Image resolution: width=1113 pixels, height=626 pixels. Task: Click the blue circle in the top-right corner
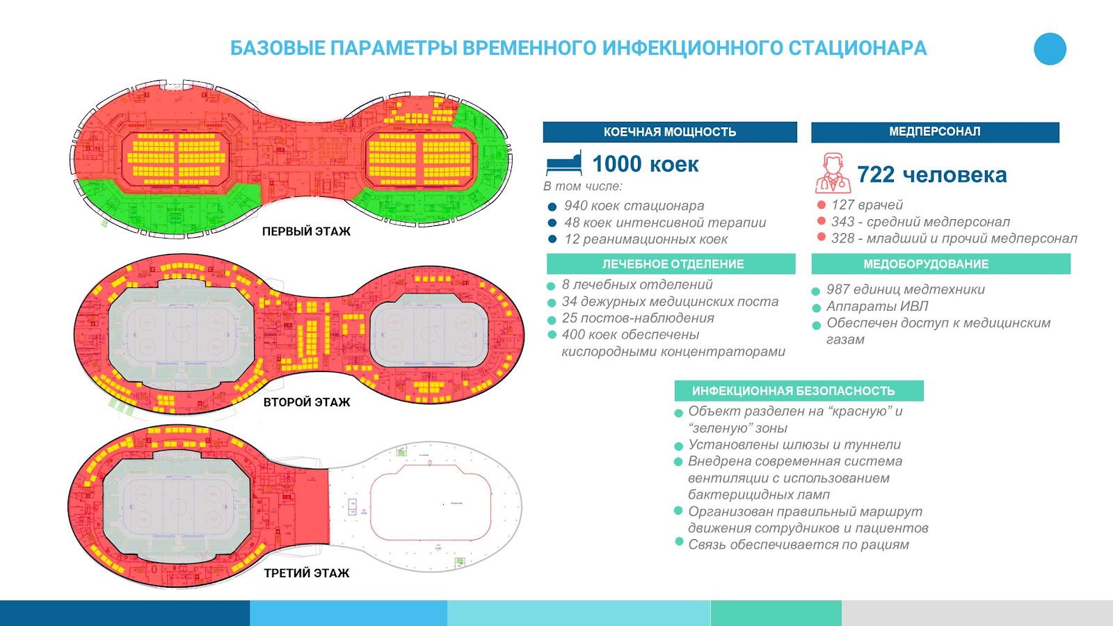click(x=1050, y=49)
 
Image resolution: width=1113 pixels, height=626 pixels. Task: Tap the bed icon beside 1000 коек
click(x=563, y=164)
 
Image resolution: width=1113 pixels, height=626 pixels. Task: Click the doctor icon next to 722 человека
click(x=833, y=173)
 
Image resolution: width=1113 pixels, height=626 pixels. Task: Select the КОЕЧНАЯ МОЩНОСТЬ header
click(x=669, y=132)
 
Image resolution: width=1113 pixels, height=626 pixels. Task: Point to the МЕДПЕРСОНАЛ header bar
click(x=934, y=132)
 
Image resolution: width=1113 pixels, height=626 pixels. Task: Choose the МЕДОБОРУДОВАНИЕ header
click(x=940, y=264)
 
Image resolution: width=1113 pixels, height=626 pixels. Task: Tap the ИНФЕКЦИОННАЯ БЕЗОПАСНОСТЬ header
click(x=799, y=391)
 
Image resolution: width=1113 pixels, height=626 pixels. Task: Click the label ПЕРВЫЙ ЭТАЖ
click(x=306, y=232)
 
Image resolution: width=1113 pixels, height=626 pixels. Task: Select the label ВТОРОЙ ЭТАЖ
click(x=306, y=402)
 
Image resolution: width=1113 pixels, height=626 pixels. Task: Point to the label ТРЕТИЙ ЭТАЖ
click(x=306, y=573)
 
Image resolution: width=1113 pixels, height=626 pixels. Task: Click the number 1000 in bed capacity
click(x=616, y=164)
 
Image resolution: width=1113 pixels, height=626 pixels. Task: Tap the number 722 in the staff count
click(x=875, y=175)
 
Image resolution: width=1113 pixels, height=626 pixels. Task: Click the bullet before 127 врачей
click(x=822, y=205)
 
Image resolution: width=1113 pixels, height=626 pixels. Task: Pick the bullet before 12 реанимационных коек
click(x=552, y=239)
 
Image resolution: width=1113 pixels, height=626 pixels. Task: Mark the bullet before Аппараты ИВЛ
click(x=817, y=307)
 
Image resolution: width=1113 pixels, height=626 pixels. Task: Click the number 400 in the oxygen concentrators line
click(x=573, y=335)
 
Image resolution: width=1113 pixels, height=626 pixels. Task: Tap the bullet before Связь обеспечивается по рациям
click(x=679, y=542)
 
